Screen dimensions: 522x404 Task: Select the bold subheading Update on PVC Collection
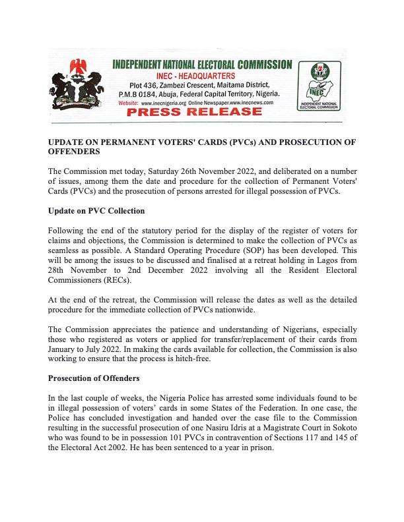pyautogui.click(x=96, y=211)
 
